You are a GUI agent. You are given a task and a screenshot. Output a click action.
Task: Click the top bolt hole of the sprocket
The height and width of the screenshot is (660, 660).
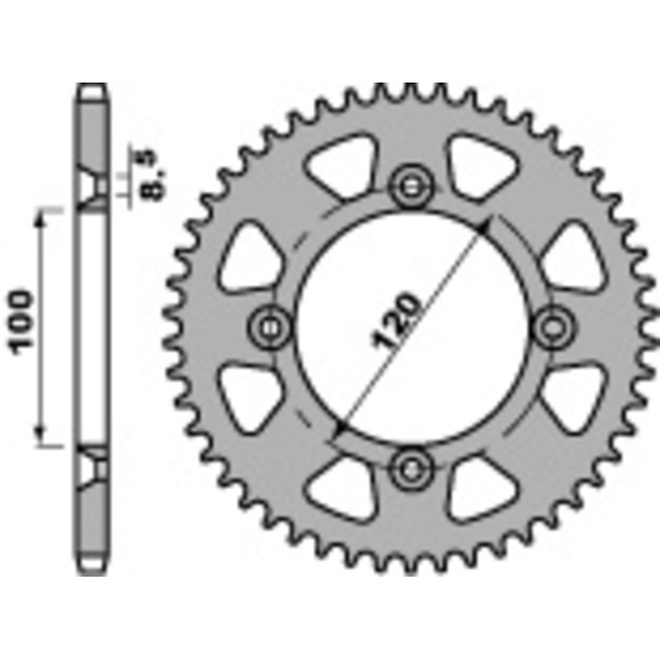[x=410, y=186]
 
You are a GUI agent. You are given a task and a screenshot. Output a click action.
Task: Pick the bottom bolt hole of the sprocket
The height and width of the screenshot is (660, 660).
[x=410, y=469]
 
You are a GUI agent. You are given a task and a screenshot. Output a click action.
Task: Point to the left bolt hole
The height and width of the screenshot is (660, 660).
[x=270, y=328]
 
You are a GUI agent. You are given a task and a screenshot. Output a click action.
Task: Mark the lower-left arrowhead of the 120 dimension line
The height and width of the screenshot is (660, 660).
[x=338, y=431]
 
